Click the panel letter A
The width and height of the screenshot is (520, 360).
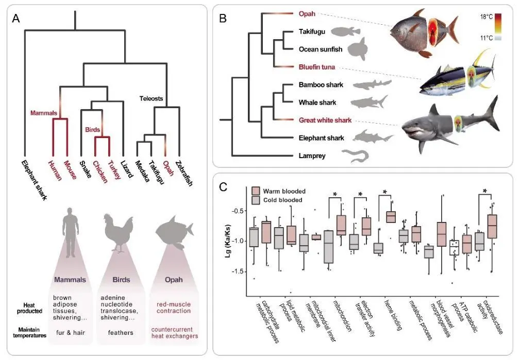(x=16, y=19)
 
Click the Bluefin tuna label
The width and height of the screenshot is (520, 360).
(x=317, y=67)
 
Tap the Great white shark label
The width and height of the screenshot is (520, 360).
(x=325, y=120)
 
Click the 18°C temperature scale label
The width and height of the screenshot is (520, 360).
(x=486, y=16)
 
